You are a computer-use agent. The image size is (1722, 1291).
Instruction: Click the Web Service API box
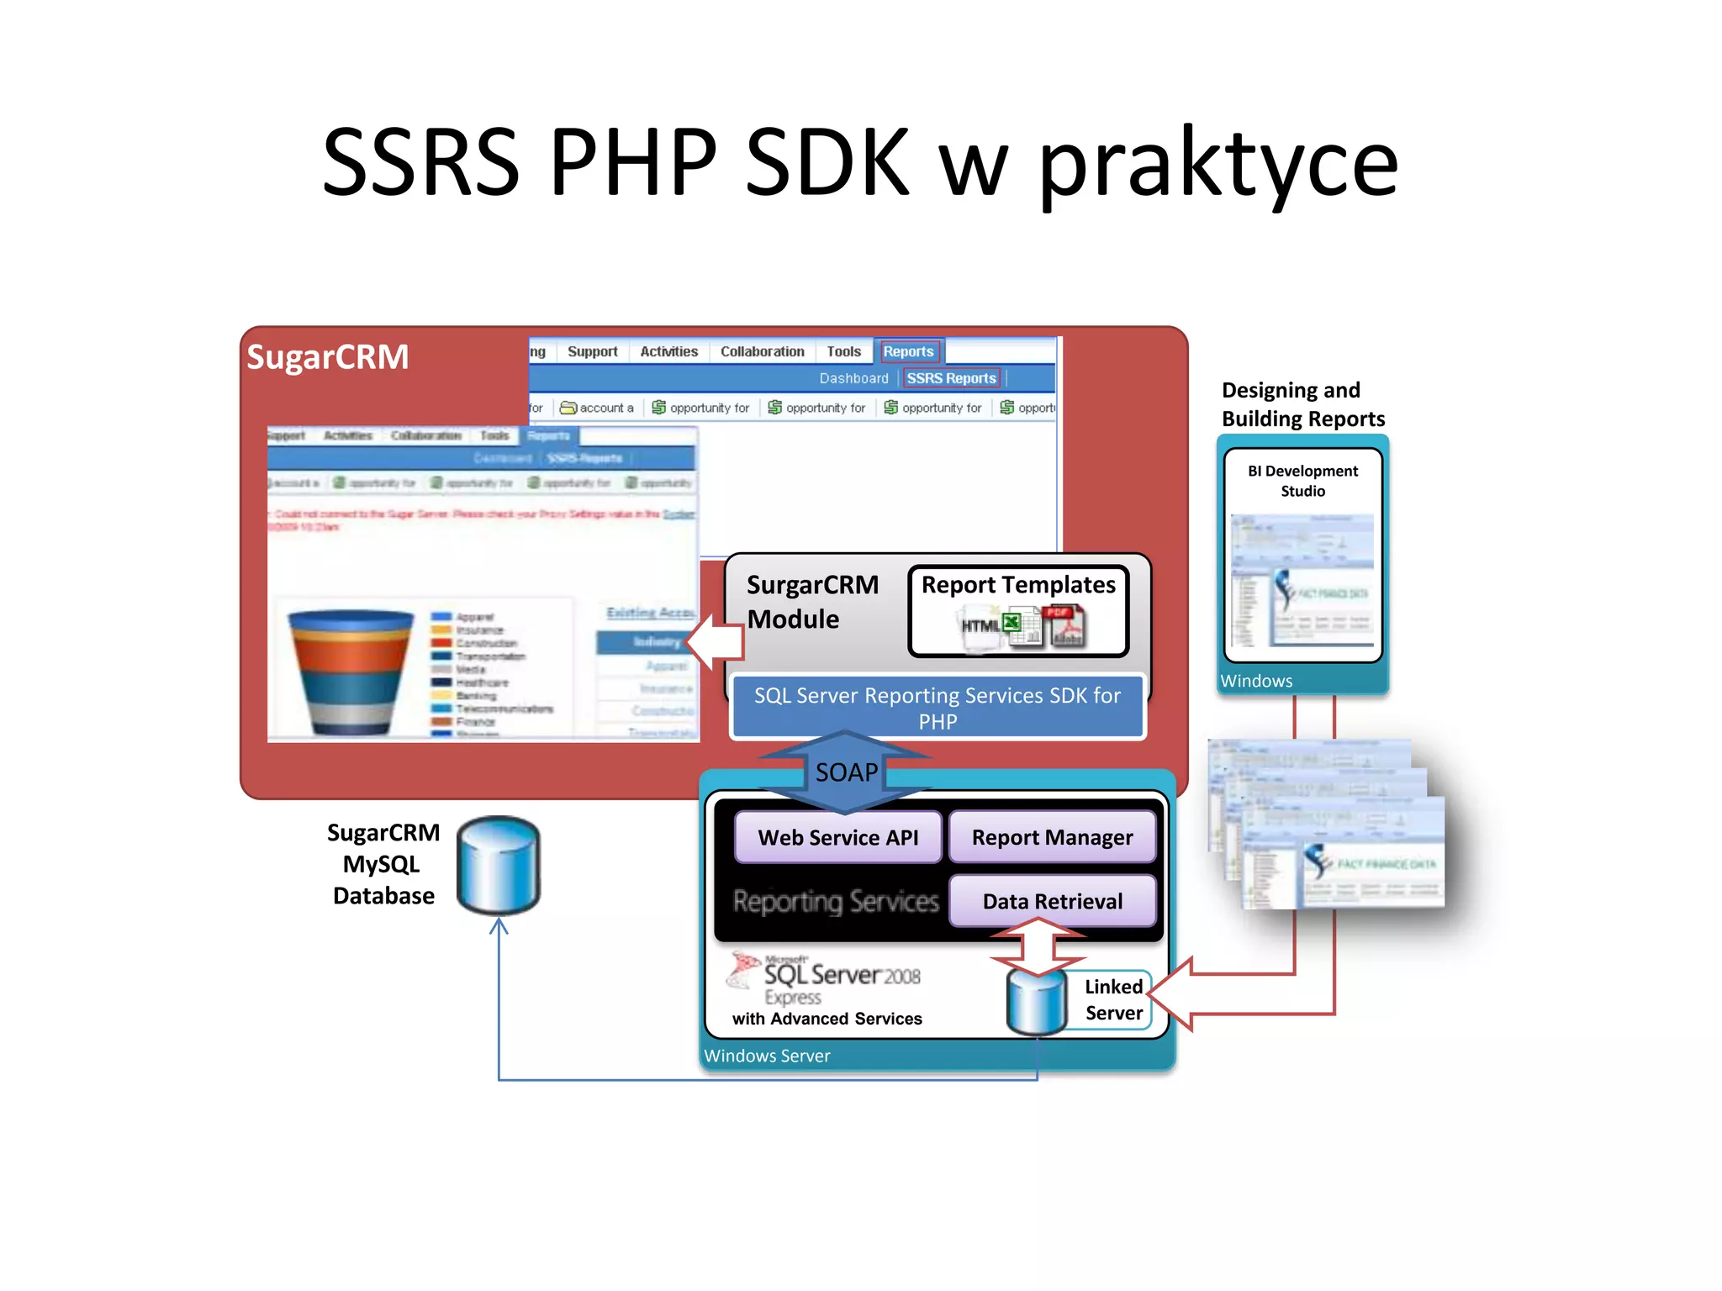(837, 837)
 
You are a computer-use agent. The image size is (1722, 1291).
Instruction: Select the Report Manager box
(1052, 837)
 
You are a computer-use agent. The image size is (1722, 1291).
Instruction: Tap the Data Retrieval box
(1052, 901)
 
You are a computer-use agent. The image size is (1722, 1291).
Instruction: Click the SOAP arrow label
(846, 772)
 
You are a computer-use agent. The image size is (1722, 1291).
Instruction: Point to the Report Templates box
(1018, 611)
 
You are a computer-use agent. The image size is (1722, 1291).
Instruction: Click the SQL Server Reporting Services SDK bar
(937, 708)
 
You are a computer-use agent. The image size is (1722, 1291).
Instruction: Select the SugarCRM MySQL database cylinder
(499, 866)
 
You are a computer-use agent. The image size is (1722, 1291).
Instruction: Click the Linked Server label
(1113, 999)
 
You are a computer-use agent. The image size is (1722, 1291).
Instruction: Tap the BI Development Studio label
(1302, 481)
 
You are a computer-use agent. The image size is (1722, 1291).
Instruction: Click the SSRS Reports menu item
(951, 378)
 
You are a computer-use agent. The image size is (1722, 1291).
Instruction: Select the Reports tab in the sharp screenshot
(908, 351)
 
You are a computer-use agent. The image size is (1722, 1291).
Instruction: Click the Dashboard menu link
(853, 378)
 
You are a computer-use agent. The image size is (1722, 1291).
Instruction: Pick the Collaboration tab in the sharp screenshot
(762, 351)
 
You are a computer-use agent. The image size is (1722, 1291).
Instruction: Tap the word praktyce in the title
(1218, 163)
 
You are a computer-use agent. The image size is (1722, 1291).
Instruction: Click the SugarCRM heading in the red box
(327, 357)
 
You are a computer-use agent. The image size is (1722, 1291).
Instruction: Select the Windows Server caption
(767, 1056)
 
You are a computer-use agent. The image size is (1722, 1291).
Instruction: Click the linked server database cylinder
(1037, 1002)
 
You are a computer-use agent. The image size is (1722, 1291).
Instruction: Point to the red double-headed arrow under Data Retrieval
(1038, 946)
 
